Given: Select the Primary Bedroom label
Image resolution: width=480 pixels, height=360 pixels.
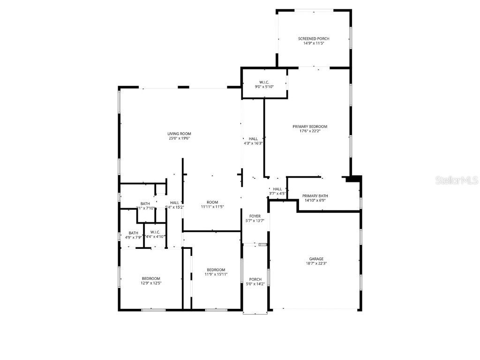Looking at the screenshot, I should pos(310,127).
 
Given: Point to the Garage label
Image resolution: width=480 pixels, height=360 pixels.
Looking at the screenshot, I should pos(316,259).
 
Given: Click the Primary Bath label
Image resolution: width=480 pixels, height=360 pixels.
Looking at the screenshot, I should pos(315,196).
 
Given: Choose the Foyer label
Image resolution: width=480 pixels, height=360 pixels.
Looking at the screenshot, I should pos(255,216).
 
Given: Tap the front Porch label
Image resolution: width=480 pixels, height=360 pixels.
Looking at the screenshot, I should pos(255,279).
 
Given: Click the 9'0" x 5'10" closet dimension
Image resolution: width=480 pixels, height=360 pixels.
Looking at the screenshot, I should pos(264,87).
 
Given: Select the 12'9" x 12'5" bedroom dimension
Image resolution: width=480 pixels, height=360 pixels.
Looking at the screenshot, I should pos(151,283).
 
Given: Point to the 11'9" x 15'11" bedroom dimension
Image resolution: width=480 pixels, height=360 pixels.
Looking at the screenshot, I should pos(216,274).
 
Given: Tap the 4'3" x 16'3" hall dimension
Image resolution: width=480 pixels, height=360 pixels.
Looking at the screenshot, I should pos(253,143).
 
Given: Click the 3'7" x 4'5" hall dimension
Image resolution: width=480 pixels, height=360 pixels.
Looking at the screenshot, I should pos(277,194).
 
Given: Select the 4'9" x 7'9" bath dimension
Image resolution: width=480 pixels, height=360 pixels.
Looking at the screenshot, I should pos(134,237).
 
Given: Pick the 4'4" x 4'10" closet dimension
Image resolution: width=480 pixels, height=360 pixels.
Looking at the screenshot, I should pos(155,237).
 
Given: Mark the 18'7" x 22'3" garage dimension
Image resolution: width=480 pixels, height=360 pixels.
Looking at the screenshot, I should pos(316,263).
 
